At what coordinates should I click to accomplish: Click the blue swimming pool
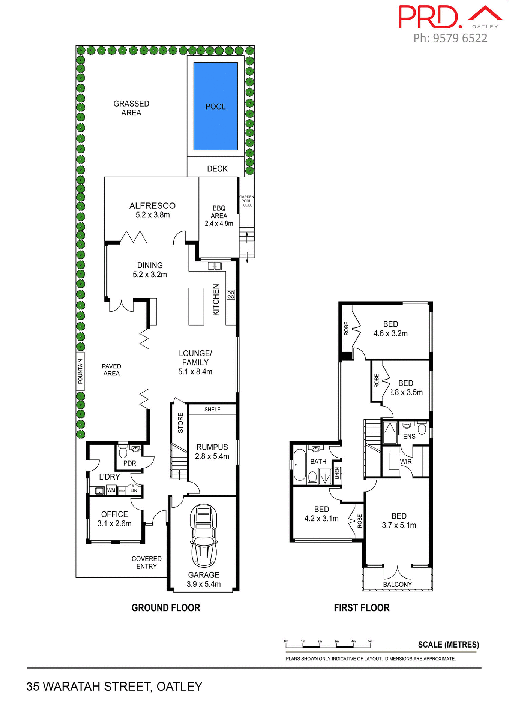(x=215, y=106)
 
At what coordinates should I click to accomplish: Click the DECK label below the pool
(x=217, y=169)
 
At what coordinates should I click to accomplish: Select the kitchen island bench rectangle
(x=196, y=306)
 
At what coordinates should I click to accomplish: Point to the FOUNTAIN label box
(x=80, y=371)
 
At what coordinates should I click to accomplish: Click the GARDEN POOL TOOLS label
(x=246, y=201)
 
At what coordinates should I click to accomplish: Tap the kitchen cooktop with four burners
(x=231, y=294)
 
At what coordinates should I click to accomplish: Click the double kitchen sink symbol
(x=215, y=266)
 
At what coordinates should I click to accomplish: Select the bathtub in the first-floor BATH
(x=300, y=465)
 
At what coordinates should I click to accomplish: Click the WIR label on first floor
(x=406, y=462)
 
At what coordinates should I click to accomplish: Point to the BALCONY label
(x=397, y=584)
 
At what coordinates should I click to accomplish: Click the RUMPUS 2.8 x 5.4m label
(x=212, y=451)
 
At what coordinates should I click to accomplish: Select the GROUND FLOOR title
(x=166, y=608)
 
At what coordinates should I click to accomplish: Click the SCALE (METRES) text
(x=448, y=645)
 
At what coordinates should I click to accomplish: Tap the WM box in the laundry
(x=111, y=490)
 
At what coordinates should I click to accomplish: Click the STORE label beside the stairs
(x=180, y=423)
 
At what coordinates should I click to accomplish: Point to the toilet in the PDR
(x=123, y=451)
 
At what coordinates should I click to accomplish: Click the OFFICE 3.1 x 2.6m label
(x=114, y=519)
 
